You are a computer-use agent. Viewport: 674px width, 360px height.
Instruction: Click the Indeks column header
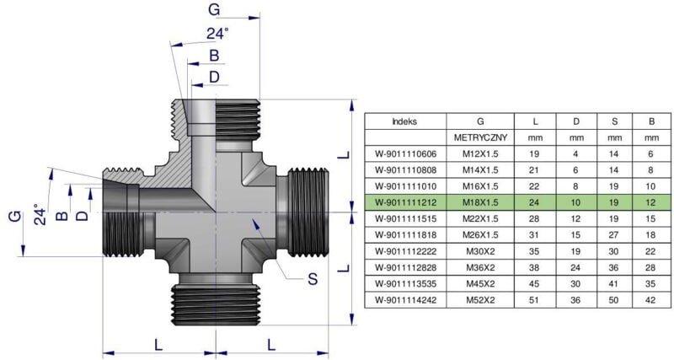[405, 121]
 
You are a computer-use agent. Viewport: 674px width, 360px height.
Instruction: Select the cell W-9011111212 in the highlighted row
[405, 201]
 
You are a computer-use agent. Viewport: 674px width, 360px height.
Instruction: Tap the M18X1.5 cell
[480, 201]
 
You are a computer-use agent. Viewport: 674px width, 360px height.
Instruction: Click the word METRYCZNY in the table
[480, 137]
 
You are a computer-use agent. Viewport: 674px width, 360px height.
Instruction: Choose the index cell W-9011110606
[405, 153]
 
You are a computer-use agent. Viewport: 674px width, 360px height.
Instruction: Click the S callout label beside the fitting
[313, 278]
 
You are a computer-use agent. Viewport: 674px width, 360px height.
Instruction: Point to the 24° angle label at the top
[217, 34]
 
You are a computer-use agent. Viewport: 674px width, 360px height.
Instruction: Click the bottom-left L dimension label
[159, 343]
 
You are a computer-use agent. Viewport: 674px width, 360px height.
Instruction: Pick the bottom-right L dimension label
[270, 343]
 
